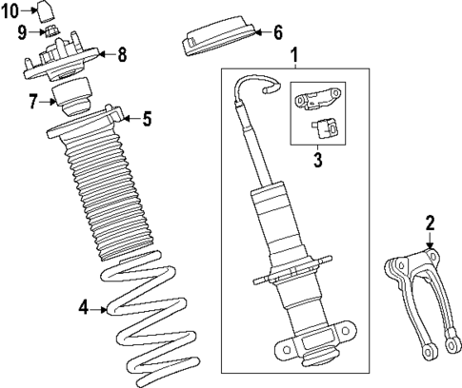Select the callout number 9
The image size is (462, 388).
pos(22,32)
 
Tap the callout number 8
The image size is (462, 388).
pos(122,55)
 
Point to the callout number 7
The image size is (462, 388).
pos(33,100)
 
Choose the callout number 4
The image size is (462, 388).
pos(84,307)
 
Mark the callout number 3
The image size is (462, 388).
pos(317,160)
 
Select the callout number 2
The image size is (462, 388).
pos(430,224)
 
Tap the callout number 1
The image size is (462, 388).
pos(294,55)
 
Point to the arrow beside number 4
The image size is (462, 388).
pos(100,307)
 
